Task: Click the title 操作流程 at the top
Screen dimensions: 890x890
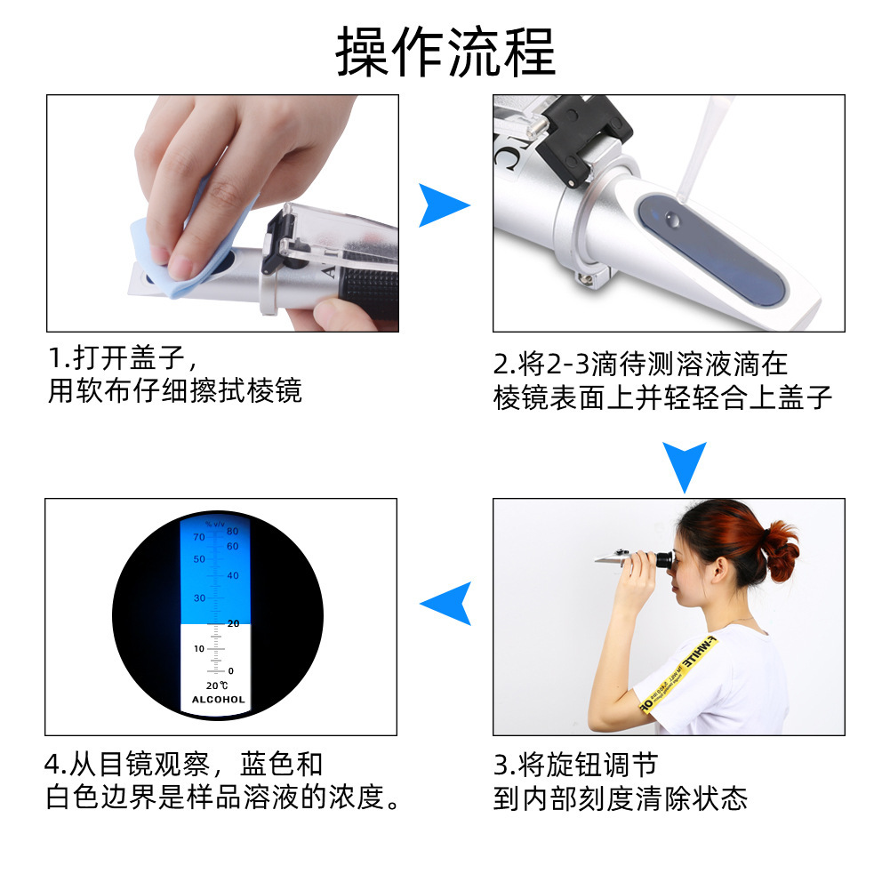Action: pos(445,52)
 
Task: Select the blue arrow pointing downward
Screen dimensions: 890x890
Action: pos(684,464)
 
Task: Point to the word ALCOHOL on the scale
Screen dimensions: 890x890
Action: pos(218,700)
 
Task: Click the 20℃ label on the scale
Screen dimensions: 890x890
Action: pos(217,686)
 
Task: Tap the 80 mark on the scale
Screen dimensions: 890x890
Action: pos(233,532)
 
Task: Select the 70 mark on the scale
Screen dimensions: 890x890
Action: pos(198,537)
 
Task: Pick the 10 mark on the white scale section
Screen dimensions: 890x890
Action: pos(199,648)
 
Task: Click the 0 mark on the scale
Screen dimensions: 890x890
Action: pos(231,670)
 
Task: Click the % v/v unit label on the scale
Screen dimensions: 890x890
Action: pos(214,524)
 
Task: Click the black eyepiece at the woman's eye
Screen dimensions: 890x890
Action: pos(662,560)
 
